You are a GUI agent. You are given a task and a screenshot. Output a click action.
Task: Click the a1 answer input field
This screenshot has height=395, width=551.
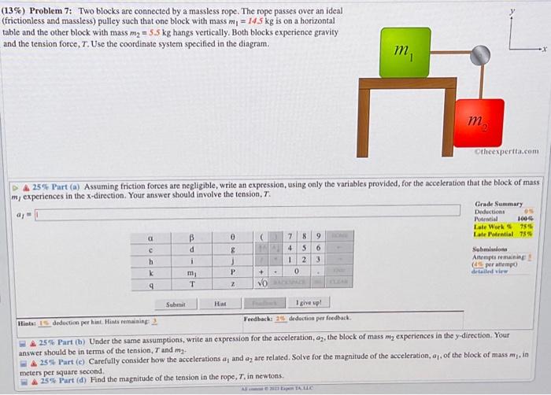[x=236, y=211]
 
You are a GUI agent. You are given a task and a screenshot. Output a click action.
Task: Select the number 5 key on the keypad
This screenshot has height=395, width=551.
[x=305, y=247]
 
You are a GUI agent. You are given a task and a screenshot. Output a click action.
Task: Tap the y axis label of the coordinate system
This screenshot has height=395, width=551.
[x=512, y=12]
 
